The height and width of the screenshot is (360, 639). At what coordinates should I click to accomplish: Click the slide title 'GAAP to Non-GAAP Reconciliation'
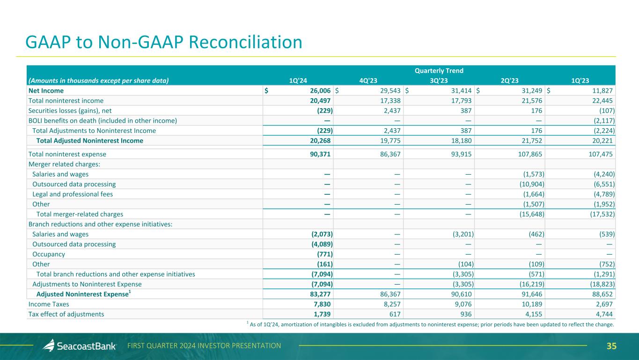tap(164, 43)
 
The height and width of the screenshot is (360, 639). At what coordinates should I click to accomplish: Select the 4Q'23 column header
tap(368, 80)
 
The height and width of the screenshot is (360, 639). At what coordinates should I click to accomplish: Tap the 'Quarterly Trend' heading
tap(439, 71)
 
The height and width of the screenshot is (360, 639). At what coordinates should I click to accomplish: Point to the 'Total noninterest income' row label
tap(66, 101)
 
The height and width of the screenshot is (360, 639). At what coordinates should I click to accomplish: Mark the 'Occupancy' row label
tap(49, 254)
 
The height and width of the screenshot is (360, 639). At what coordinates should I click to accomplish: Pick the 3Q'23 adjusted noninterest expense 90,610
tap(458, 294)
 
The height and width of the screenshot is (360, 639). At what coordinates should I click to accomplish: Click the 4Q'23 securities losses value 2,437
tap(389, 110)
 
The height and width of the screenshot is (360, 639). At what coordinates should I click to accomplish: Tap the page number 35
tap(611, 346)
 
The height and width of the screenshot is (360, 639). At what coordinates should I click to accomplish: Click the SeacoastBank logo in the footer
tap(80, 346)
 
